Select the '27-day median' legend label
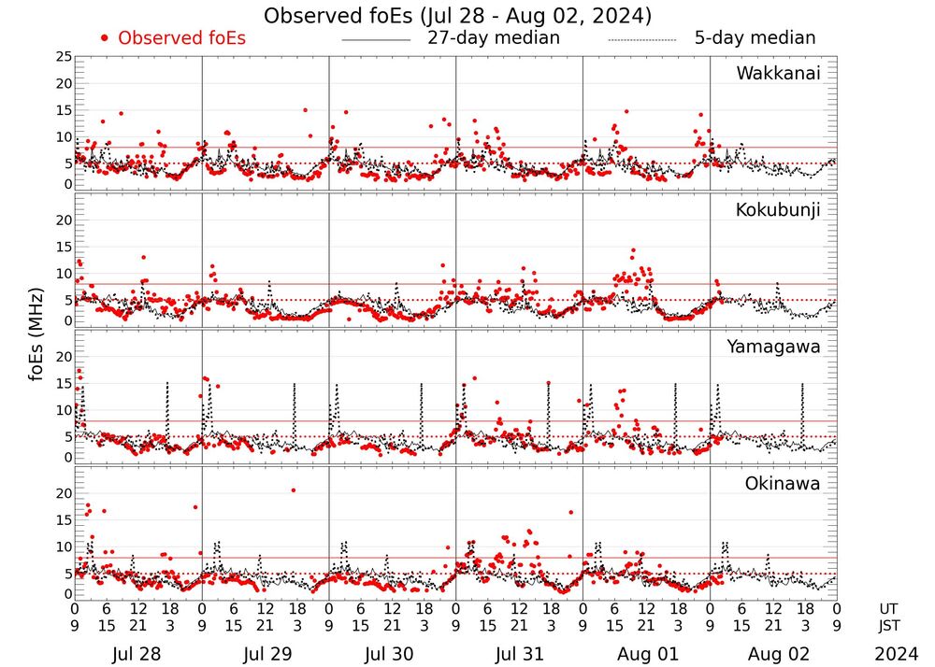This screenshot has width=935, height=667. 493,38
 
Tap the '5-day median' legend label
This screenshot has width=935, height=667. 755,38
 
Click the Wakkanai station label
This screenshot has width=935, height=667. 778,73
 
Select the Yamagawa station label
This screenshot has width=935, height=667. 773,347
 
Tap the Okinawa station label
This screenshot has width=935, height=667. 783,483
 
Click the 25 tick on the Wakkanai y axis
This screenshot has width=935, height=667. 64,57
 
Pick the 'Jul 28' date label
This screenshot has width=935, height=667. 137,654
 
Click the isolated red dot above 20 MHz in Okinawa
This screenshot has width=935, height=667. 293,490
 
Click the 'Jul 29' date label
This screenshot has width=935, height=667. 264,654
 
